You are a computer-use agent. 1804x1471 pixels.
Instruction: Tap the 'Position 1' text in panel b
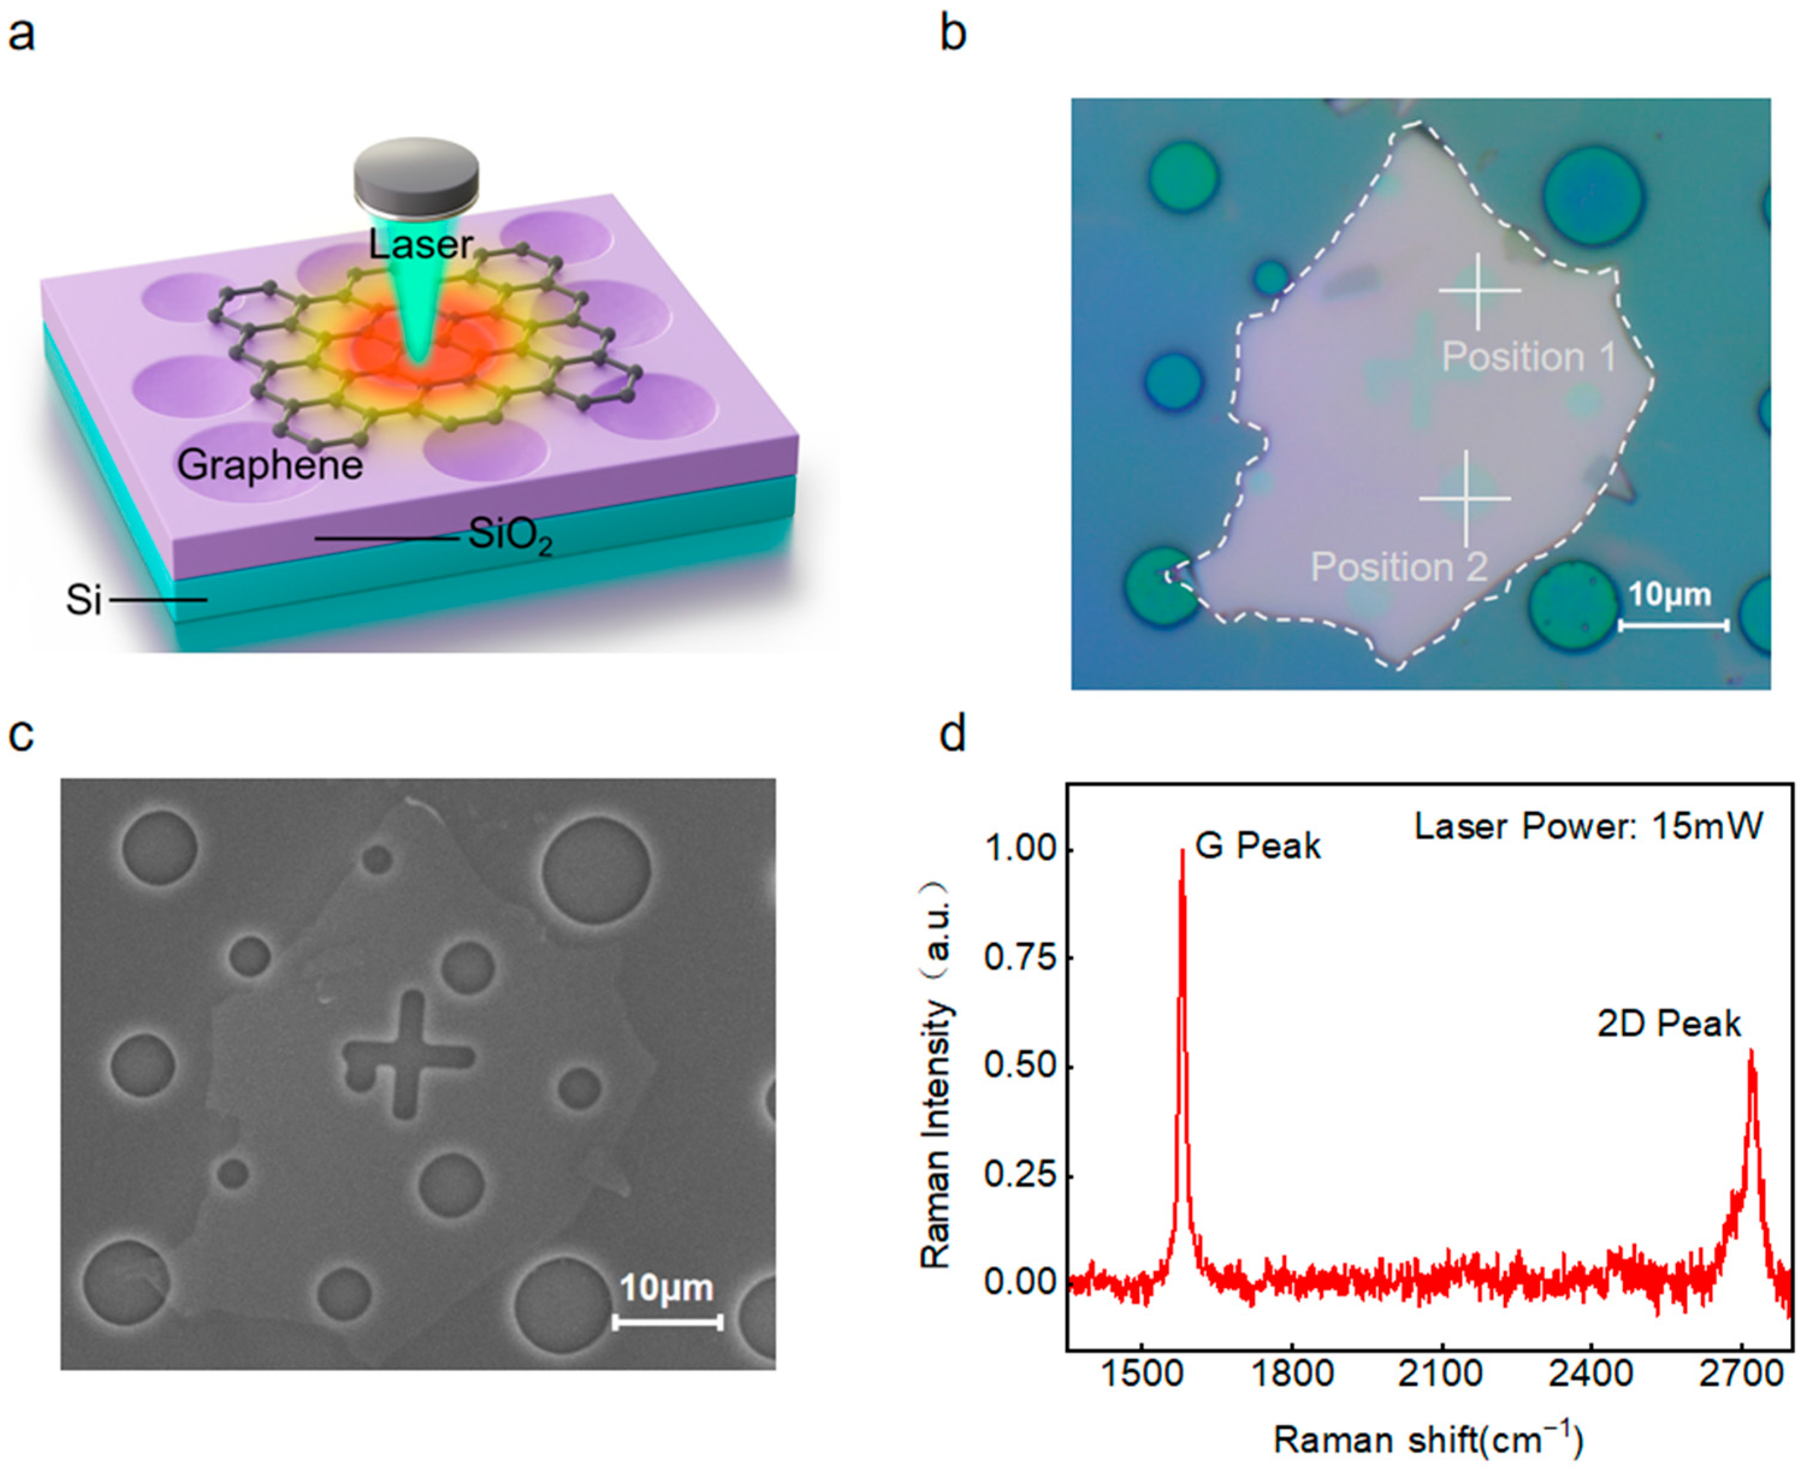(1529, 356)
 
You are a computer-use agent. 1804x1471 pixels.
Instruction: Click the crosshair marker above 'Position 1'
(1479, 290)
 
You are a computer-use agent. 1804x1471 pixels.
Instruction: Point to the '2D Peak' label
(1669, 1024)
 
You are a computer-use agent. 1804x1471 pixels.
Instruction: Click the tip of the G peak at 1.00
(1182, 851)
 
